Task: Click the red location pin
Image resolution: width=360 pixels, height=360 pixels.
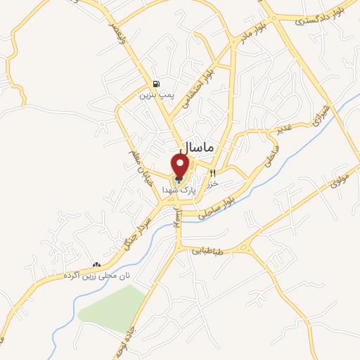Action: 181,167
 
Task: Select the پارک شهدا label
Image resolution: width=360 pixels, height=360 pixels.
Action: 176,190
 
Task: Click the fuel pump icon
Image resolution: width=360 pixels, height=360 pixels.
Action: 155,84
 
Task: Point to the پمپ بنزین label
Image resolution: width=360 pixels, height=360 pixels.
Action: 155,94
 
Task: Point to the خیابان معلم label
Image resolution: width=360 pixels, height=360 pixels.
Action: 139,160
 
